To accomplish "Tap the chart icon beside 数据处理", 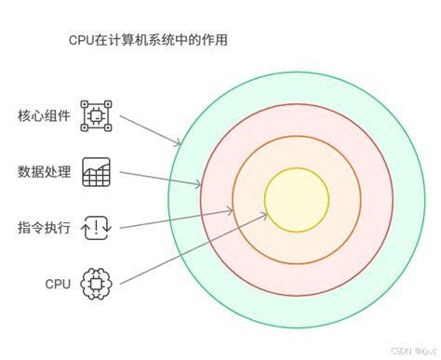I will coord(97,171).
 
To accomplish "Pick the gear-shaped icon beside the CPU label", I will coord(97,283).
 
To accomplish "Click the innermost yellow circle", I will coord(297,198).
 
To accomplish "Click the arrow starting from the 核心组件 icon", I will coord(149,129).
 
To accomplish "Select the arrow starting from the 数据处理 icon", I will coord(158,178).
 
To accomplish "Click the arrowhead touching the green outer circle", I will coord(178,143).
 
